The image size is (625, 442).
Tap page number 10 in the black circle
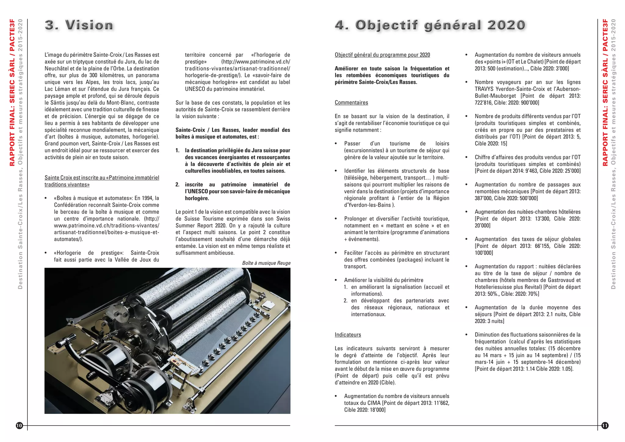pyautogui.click(x=19, y=426)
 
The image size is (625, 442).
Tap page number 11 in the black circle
pyautogui.click(x=605, y=426)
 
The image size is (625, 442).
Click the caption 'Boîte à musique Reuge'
pyautogui.click(x=266, y=263)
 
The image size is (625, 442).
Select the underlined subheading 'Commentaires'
pyautogui.click(x=351, y=103)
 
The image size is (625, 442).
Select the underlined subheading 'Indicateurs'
pyautogui.click(x=348, y=335)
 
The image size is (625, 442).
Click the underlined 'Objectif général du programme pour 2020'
pyautogui.click(x=382, y=55)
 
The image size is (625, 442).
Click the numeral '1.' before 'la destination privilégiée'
pyautogui.click(x=177, y=150)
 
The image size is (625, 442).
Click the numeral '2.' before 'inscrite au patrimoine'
pyautogui.click(x=177, y=185)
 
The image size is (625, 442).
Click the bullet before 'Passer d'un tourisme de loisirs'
pyautogui.click(x=336, y=144)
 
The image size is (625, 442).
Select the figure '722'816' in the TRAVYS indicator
pyautogui.click(x=483, y=103)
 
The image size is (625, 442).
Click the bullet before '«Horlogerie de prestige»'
pyautogui.click(x=46, y=253)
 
